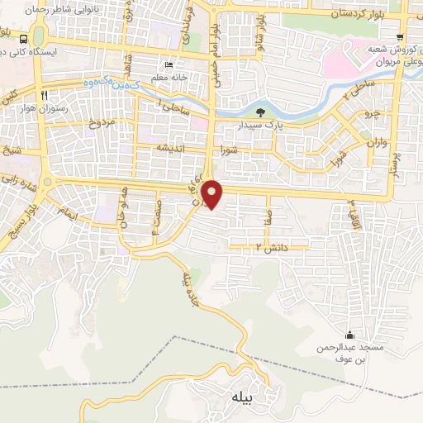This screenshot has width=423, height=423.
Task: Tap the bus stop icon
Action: click(24, 39)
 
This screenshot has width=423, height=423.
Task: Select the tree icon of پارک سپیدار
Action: click(261, 112)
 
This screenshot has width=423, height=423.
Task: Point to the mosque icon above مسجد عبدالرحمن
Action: click(350, 335)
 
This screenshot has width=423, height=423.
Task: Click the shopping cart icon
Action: click(400, 37)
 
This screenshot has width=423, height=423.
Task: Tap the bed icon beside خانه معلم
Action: click(169, 65)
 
